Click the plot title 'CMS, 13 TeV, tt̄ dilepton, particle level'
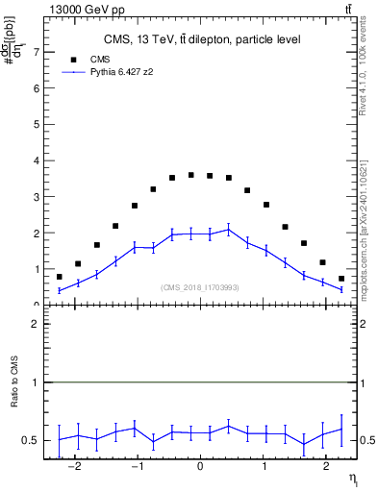202,39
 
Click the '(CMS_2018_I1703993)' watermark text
200,287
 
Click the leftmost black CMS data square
60,277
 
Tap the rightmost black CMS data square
340,279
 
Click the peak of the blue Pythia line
228,229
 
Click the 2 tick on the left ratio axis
36,324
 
